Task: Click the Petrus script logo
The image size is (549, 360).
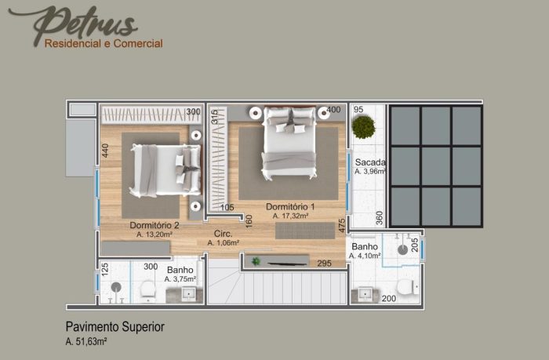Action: point(74,24)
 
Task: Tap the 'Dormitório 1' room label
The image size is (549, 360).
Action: point(290,206)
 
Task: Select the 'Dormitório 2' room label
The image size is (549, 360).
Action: point(155,225)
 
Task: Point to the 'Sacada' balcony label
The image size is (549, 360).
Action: point(370,162)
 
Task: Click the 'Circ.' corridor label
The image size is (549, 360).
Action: point(223,234)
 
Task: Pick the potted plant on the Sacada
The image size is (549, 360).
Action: point(363,127)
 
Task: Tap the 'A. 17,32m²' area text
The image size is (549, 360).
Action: point(290,216)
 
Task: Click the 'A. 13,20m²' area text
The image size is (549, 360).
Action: point(154,235)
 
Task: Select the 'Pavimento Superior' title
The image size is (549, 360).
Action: point(115,327)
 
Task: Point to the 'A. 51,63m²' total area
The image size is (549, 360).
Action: point(86,341)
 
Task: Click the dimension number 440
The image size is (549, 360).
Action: point(105,151)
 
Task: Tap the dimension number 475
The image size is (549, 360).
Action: point(342,226)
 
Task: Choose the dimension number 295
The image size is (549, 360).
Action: point(324,264)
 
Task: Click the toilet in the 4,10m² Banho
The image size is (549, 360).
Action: point(407,287)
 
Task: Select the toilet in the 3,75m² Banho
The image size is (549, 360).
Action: point(147,289)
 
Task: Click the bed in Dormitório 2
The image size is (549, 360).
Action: point(165,170)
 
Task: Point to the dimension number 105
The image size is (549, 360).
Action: point(227,207)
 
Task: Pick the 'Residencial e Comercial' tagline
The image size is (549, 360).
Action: point(104,44)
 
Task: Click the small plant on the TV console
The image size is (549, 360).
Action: point(256,261)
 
